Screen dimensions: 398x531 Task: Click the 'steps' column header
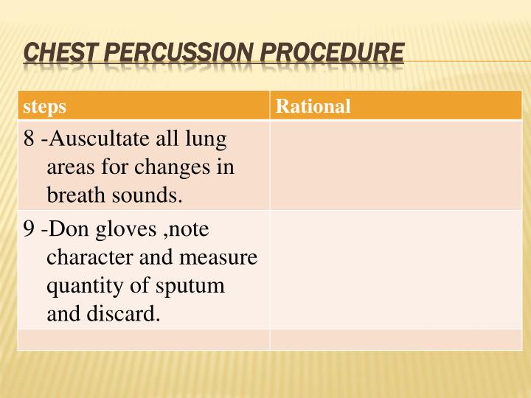coord(44,107)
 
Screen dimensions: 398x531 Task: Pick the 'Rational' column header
coord(313,107)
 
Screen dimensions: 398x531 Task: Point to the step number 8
coord(29,139)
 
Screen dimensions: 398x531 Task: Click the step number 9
coord(29,230)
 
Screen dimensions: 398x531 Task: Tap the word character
coord(86,258)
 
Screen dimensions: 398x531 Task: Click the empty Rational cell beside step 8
coord(395,166)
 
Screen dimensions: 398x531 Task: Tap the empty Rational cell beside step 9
coord(395,270)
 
